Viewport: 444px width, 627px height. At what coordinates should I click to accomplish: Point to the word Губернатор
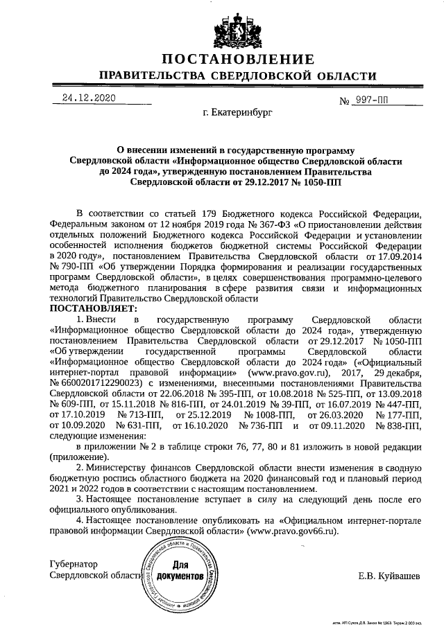(74, 565)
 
